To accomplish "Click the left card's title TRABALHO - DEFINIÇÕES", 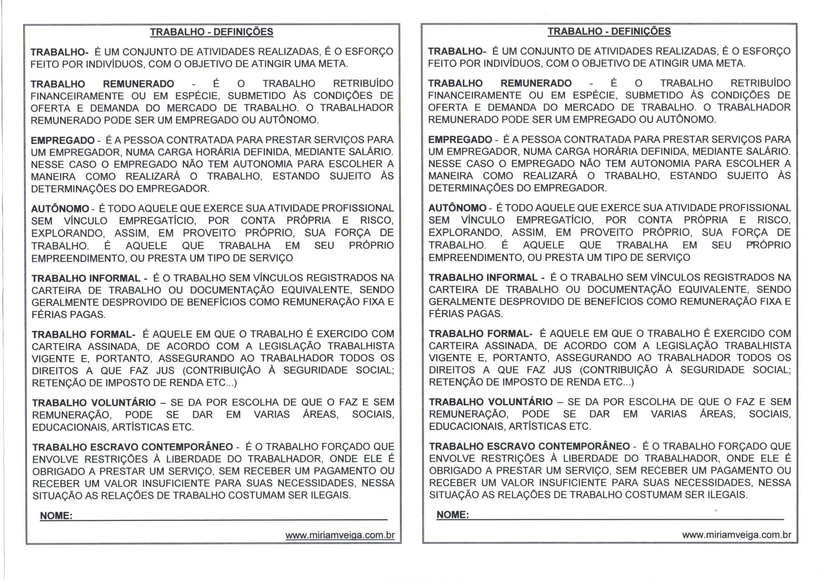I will [x=211, y=32].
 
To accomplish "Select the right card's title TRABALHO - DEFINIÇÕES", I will [x=609, y=31].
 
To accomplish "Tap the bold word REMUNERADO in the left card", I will [x=139, y=84].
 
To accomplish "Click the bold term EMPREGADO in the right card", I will [x=460, y=139].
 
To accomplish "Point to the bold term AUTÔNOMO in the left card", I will [x=60, y=208].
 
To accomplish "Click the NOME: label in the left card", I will [x=56, y=516].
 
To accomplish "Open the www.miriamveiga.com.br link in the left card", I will [x=340, y=535].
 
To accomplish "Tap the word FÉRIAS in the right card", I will [x=442, y=314].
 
